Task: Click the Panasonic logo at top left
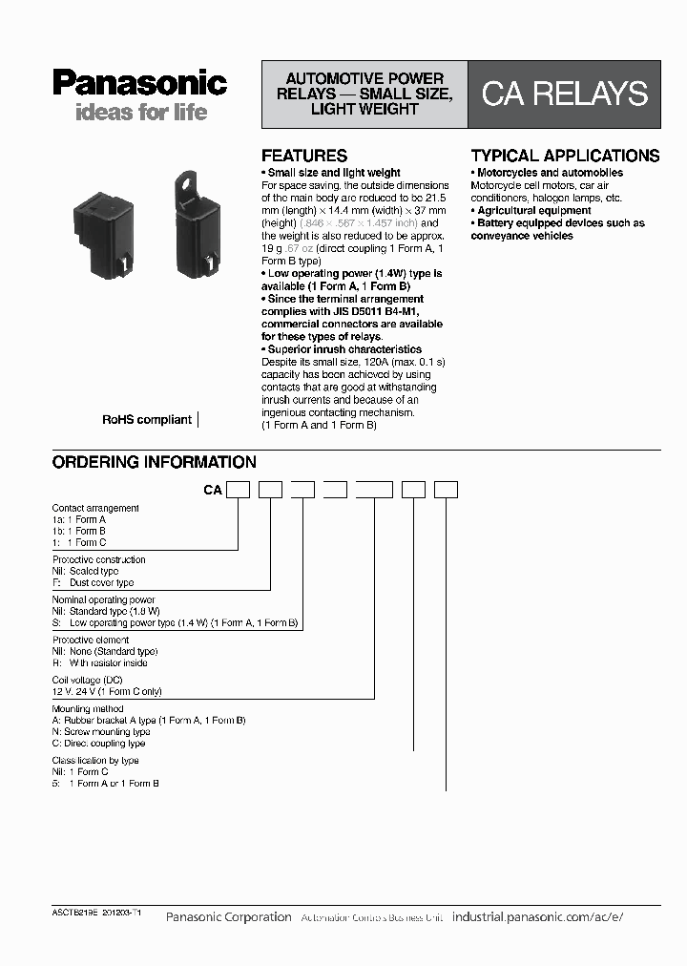tap(139, 83)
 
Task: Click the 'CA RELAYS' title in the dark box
tap(564, 94)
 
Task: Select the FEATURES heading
tap(304, 156)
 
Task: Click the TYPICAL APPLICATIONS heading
tap(565, 156)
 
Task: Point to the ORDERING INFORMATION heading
tap(154, 462)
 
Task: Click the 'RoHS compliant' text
tap(147, 420)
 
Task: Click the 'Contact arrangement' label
tap(95, 508)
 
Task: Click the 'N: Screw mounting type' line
tap(101, 732)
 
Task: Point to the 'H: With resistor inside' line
tap(100, 662)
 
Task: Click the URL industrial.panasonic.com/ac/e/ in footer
tap(537, 916)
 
